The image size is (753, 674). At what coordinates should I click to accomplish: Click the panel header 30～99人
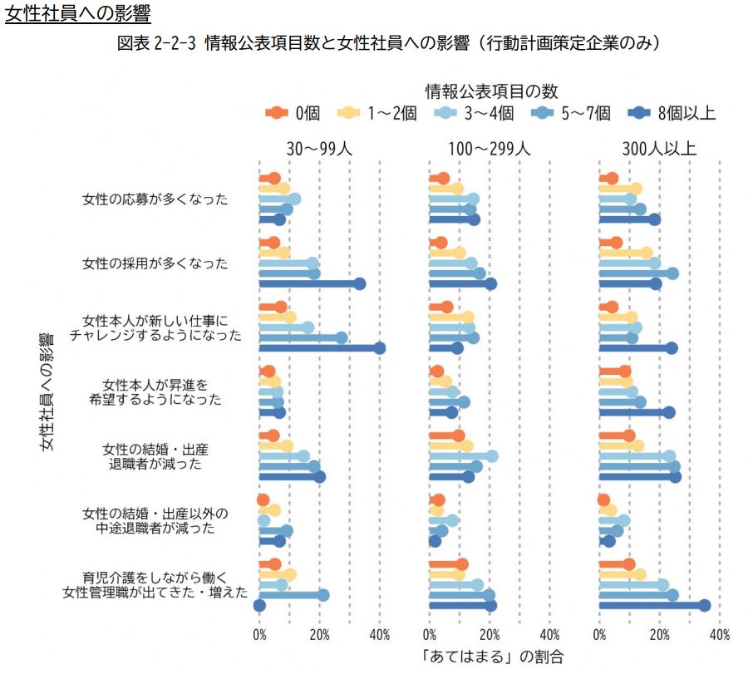click(320, 149)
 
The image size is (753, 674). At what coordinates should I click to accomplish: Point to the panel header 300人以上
click(659, 149)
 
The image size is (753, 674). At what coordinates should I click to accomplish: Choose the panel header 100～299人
click(490, 149)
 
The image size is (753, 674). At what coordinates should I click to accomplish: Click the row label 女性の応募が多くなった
click(155, 199)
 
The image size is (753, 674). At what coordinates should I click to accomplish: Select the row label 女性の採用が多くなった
click(155, 263)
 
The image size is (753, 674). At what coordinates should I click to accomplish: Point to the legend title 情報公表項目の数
click(491, 90)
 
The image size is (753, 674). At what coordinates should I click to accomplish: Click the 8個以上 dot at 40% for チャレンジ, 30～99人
click(380, 348)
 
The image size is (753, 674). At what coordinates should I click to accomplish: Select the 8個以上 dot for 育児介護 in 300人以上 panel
click(705, 605)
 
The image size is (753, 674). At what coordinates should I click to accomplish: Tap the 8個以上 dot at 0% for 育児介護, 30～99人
click(259, 605)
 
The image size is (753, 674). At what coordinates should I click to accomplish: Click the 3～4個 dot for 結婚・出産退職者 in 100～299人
click(492, 456)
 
